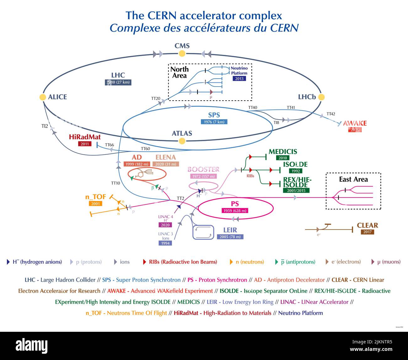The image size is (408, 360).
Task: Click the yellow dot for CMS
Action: pyautogui.click(x=182, y=54)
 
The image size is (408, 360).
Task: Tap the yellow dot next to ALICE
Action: pyautogui.click(x=43, y=97)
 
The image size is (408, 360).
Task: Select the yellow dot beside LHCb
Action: pyautogui.click(x=321, y=97)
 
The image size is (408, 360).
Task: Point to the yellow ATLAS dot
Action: pyautogui.click(x=182, y=141)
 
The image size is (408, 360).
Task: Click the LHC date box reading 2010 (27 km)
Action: pyautogui.click(x=118, y=82)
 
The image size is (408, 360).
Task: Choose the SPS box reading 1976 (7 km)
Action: pyautogui.click(x=214, y=122)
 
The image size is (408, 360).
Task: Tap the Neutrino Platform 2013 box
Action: pyautogui.click(x=239, y=79)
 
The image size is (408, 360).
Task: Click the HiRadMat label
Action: pyautogui.click(x=84, y=137)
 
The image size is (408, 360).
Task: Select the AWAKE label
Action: pyautogui.click(x=355, y=123)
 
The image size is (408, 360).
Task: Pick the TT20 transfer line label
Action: pyautogui.click(x=156, y=98)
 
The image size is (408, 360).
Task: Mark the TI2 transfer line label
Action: pyautogui.click(x=45, y=126)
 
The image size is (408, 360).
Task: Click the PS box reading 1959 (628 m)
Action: pyautogui.click(x=235, y=211)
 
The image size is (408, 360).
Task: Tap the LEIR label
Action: pyautogui.click(x=230, y=230)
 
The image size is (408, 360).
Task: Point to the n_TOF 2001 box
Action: pyautogui.click(x=95, y=204)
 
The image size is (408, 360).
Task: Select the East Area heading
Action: pyautogui.click(x=353, y=179)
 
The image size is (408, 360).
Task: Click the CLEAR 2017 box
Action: pyautogui.click(x=367, y=232)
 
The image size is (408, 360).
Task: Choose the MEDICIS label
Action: pyautogui.click(x=283, y=152)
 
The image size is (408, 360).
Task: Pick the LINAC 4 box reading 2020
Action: pyautogui.click(x=165, y=225)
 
